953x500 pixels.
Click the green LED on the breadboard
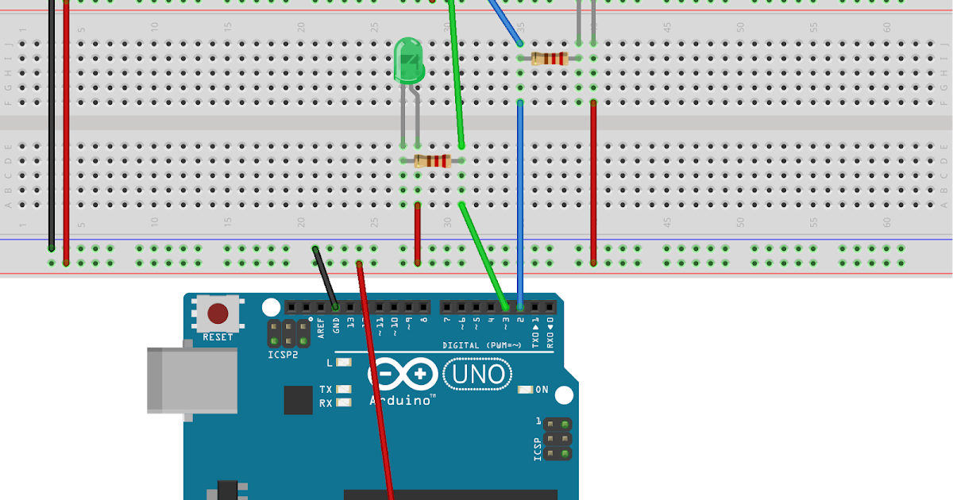(x=408, y=62)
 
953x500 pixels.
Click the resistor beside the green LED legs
(x=432, y=161)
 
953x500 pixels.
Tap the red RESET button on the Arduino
(x=218, y=314)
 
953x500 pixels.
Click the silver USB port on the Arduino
(x=191, y=381)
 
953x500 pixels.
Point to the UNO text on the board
(x=478, y=373)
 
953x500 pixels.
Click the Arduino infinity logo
(x=403, y=373)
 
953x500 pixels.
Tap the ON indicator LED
(x=525, y=390)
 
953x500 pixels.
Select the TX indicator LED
(x=344, y=390)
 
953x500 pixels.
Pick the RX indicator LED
(x=344, y=403)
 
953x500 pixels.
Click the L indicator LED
(x=344, y=363)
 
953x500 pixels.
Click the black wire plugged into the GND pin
(x=326, y=278)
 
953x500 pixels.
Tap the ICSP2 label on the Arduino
(x=284, y=354)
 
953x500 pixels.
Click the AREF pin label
(x=321, y=329)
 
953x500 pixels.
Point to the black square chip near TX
(x=298, y=400)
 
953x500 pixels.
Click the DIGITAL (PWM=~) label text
(x=482, y=345)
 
